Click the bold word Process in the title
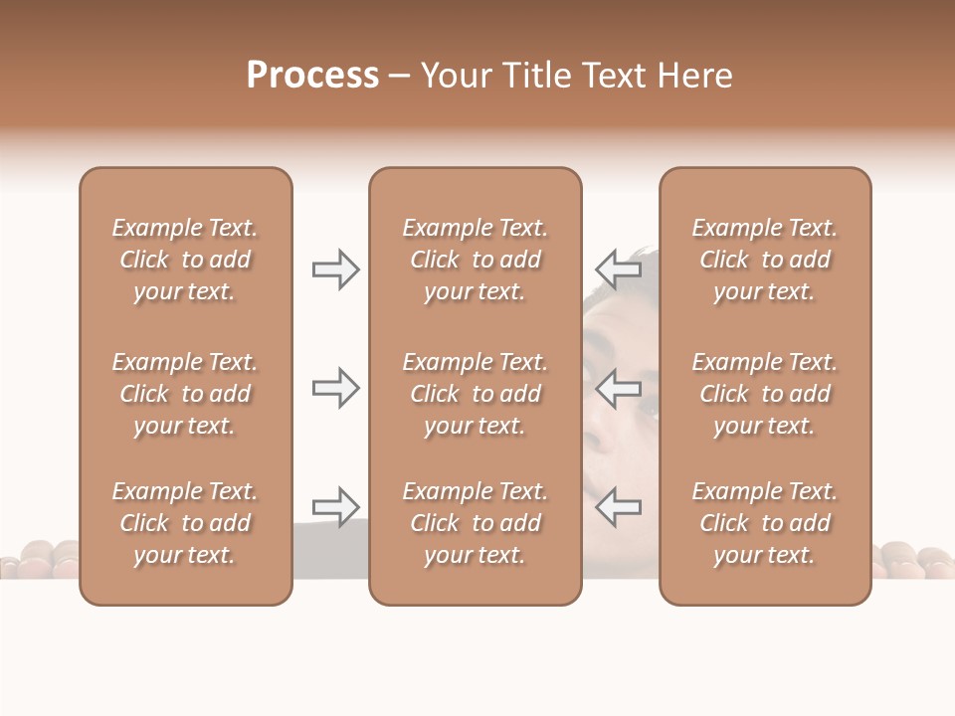coord(312,76)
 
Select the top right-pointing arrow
coord(335,269)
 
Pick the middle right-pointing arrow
coord(335,388)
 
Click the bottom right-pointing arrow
coord(335,506)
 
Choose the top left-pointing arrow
coord(618,269)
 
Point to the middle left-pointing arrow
coord(618,388)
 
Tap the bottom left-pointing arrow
coord(618,506)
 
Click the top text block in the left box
coord(185,260)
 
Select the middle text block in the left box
coord(185,394)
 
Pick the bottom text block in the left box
coord(185,523)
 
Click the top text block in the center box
coord(475,260)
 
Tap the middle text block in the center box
coord(475,394)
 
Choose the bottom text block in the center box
coord(475,523)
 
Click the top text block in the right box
coord(765,260)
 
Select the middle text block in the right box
coord(765,394)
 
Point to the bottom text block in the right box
coord(765,523)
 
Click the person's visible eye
coord(648,407)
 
